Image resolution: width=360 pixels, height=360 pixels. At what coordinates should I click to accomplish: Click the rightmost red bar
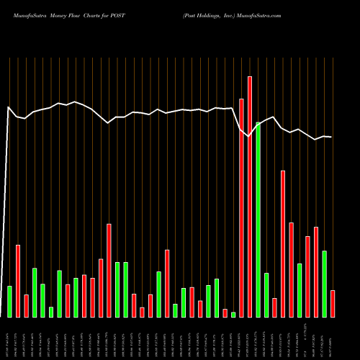[333, 303]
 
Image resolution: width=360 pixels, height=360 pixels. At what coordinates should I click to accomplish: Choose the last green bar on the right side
[324, 284]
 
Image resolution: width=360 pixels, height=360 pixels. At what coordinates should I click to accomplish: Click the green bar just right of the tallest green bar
[266, 294]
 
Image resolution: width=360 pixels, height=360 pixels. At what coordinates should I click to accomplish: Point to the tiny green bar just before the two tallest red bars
[233, 314]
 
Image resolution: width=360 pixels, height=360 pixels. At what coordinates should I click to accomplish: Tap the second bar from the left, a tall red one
[18, 281]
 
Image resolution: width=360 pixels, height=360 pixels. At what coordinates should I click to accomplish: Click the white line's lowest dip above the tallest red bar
[249, 135]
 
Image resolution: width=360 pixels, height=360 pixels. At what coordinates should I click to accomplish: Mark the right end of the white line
[332, 137]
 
